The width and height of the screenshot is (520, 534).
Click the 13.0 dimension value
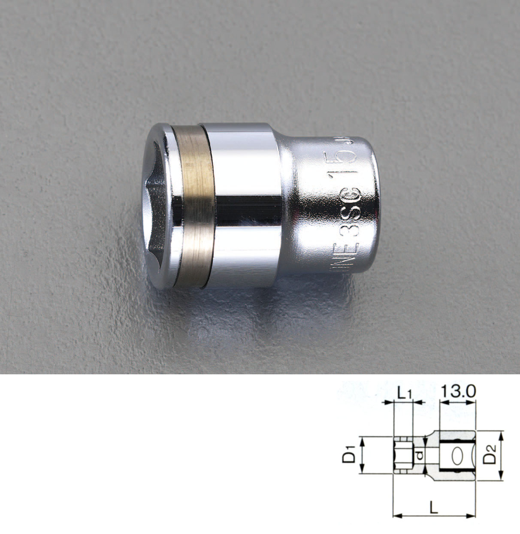pyautogui.click(x=459, y=391)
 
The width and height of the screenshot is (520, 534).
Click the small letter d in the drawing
pyautogui.click(x=420, y=455)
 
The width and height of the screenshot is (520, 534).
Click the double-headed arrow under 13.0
pyautogui.click(x=459, y=403)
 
